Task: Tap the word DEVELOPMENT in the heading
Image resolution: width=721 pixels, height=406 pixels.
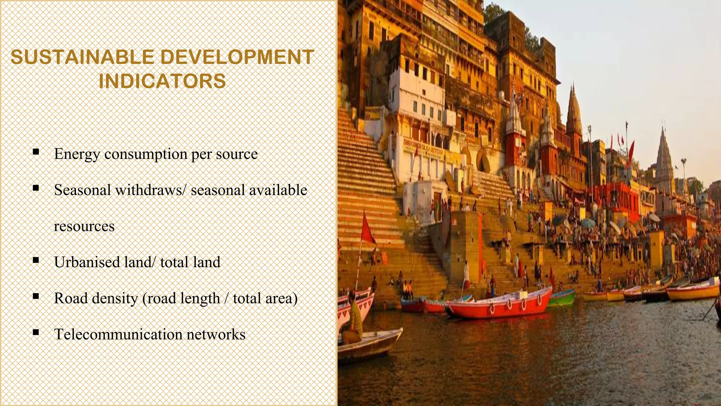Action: click(237, 57)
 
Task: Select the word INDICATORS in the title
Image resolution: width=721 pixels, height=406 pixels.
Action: click(162, 81)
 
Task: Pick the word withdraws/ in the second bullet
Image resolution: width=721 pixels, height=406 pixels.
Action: click(150, 190)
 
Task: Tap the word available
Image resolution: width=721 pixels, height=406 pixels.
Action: click(278, 190)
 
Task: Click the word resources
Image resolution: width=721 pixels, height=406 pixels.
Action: click(84, 226)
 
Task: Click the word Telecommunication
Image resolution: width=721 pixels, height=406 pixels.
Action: click(118, 334)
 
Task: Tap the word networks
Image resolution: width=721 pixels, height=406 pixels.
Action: click(216, 334)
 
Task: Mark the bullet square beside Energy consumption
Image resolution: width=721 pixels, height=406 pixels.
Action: click(36, 152)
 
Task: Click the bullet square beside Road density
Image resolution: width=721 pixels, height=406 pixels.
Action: click(36, 296)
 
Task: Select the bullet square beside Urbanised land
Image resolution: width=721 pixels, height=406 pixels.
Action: click(36, 260)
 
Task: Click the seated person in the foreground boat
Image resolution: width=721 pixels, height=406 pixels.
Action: click(354, 317)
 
